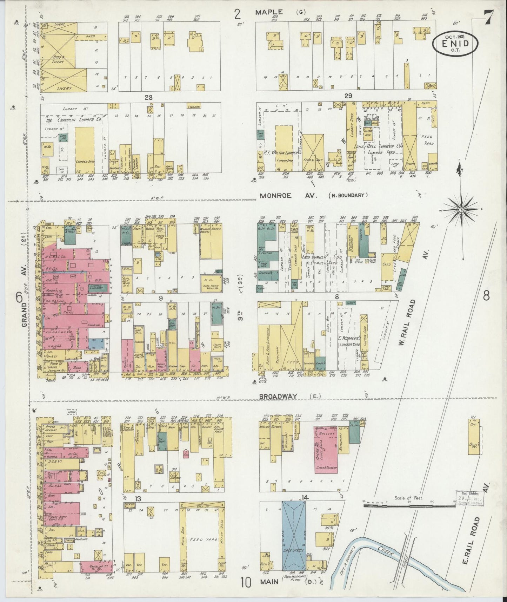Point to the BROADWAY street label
coord(278,396)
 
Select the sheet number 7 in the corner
coord(487,16)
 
